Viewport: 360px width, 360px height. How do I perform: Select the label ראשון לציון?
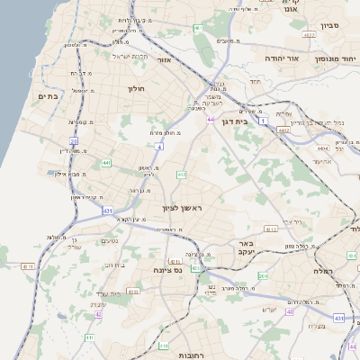(184, 208)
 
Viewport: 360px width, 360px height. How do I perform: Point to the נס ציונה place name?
(168, 269)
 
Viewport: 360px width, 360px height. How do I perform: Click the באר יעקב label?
(244, 247)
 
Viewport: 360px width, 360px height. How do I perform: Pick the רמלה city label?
(324, 271)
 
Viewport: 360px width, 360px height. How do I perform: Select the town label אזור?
(164, 59)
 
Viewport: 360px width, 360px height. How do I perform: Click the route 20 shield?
(74, 141)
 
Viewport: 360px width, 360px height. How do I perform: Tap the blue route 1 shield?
(263, 120)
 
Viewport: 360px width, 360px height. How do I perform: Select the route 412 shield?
(182, 174)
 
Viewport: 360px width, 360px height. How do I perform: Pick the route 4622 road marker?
(310, 35)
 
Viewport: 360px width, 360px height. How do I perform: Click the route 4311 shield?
(27, 266)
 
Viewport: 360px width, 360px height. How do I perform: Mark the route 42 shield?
(98, 315)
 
